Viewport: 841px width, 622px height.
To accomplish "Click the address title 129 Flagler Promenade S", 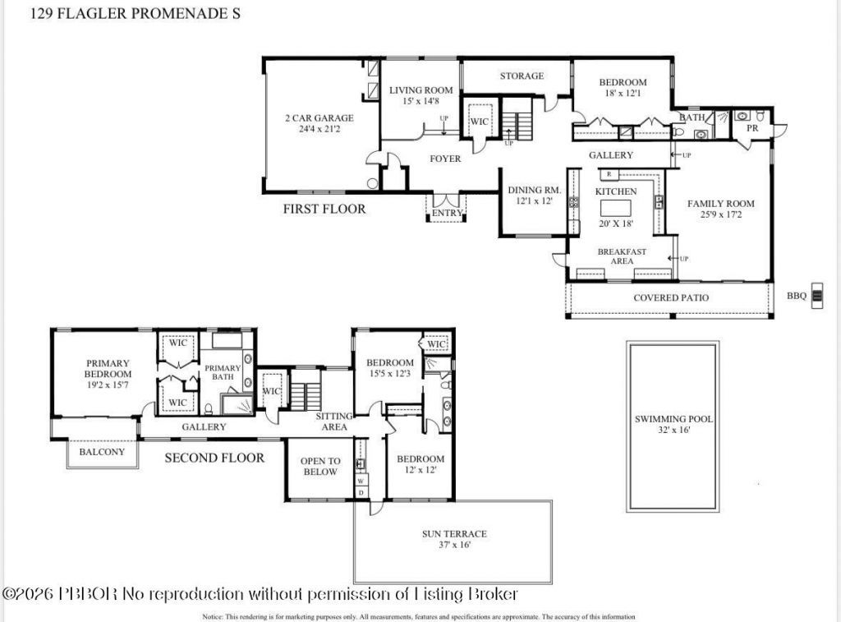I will coord(136,14).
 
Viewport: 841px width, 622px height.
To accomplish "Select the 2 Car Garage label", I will coord(319,118).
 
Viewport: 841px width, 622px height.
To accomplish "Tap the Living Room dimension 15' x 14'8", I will coord(420,101).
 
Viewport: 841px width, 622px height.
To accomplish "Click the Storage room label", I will coord(522,76).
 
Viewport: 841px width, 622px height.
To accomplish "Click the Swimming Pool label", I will coord(673,419).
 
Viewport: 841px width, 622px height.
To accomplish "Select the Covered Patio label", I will coord(670,297).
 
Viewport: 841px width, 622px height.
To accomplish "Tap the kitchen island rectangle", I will coord(621,206).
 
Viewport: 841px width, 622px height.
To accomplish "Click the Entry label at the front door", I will coord(448,214).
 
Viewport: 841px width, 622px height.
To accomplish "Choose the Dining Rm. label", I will coord(534,190).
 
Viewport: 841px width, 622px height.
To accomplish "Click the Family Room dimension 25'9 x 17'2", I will coord(720,214).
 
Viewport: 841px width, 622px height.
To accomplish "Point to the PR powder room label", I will coord(751,129).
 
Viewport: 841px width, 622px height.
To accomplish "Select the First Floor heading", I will coord(324,210).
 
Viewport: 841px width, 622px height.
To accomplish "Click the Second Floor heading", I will coord(214,458).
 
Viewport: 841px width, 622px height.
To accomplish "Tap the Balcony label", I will coord(102,452).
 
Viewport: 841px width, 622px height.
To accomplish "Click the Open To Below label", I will coord(320,466).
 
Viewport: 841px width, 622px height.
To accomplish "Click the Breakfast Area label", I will coord(622,256).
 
